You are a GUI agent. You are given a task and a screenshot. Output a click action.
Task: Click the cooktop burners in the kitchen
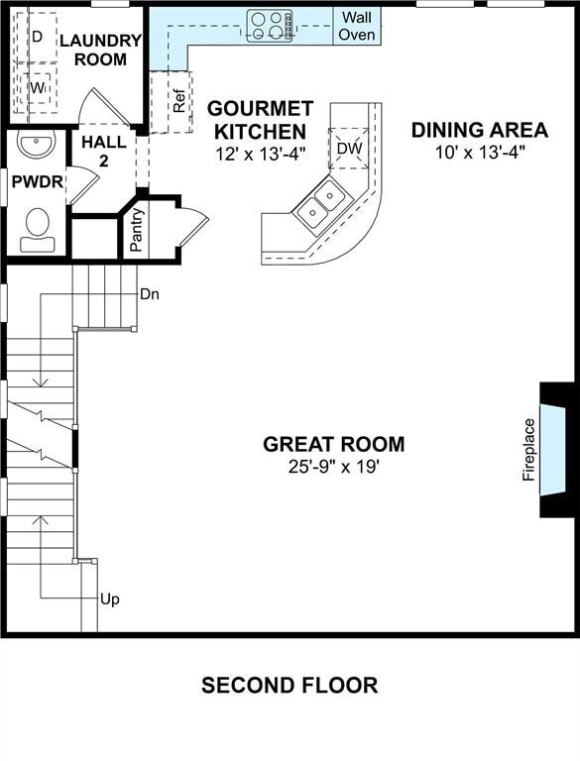pos(270,25)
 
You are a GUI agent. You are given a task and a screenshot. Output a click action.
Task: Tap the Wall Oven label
pos(357,26)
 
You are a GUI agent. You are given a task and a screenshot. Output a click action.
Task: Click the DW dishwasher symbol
pos(349,149)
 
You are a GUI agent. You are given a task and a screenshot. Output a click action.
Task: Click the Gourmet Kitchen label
pos(260,119)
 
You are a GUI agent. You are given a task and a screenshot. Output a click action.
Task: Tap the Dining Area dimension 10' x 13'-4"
pos(479,152)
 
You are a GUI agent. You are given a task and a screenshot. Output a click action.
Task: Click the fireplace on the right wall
pos(553,449)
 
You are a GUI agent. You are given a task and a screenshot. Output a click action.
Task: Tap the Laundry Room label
pos(100,50)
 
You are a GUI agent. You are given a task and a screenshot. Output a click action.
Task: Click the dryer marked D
pos(37,36)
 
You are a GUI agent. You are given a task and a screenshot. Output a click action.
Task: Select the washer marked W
pos(37,88)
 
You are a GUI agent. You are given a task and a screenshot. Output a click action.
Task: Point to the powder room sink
pos(37,147)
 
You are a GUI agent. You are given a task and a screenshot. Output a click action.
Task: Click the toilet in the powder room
pos(38,223)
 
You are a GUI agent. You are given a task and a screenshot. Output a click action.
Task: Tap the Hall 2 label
pos(104,151)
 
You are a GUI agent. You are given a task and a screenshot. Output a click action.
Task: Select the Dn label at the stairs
pos(150,294)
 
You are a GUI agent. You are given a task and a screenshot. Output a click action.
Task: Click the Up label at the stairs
pos(110,599)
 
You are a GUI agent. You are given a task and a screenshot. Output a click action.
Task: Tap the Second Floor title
pos(290,685)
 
